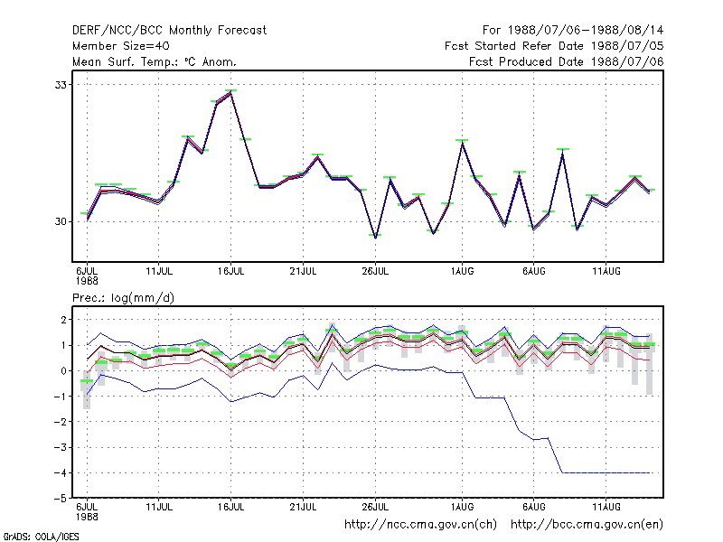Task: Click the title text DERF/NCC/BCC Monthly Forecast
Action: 169,31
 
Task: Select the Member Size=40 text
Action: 121,46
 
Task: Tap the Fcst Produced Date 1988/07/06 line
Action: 567,61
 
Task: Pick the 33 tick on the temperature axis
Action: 61,85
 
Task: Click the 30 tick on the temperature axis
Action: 61,221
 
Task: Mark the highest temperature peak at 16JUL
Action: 231,93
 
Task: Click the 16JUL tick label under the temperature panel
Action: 231,271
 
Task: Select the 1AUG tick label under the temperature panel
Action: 462,271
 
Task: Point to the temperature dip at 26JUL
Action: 375,237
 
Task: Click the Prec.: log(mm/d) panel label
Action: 123,298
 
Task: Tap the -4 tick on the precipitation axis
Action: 61,472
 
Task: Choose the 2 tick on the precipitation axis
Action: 63,320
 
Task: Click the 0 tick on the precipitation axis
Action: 63,371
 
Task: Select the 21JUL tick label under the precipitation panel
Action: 303,507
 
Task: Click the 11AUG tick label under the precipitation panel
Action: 606,507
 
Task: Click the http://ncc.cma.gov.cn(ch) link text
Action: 420,525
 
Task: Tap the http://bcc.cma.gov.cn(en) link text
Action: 587,525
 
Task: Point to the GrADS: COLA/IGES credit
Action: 41,537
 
